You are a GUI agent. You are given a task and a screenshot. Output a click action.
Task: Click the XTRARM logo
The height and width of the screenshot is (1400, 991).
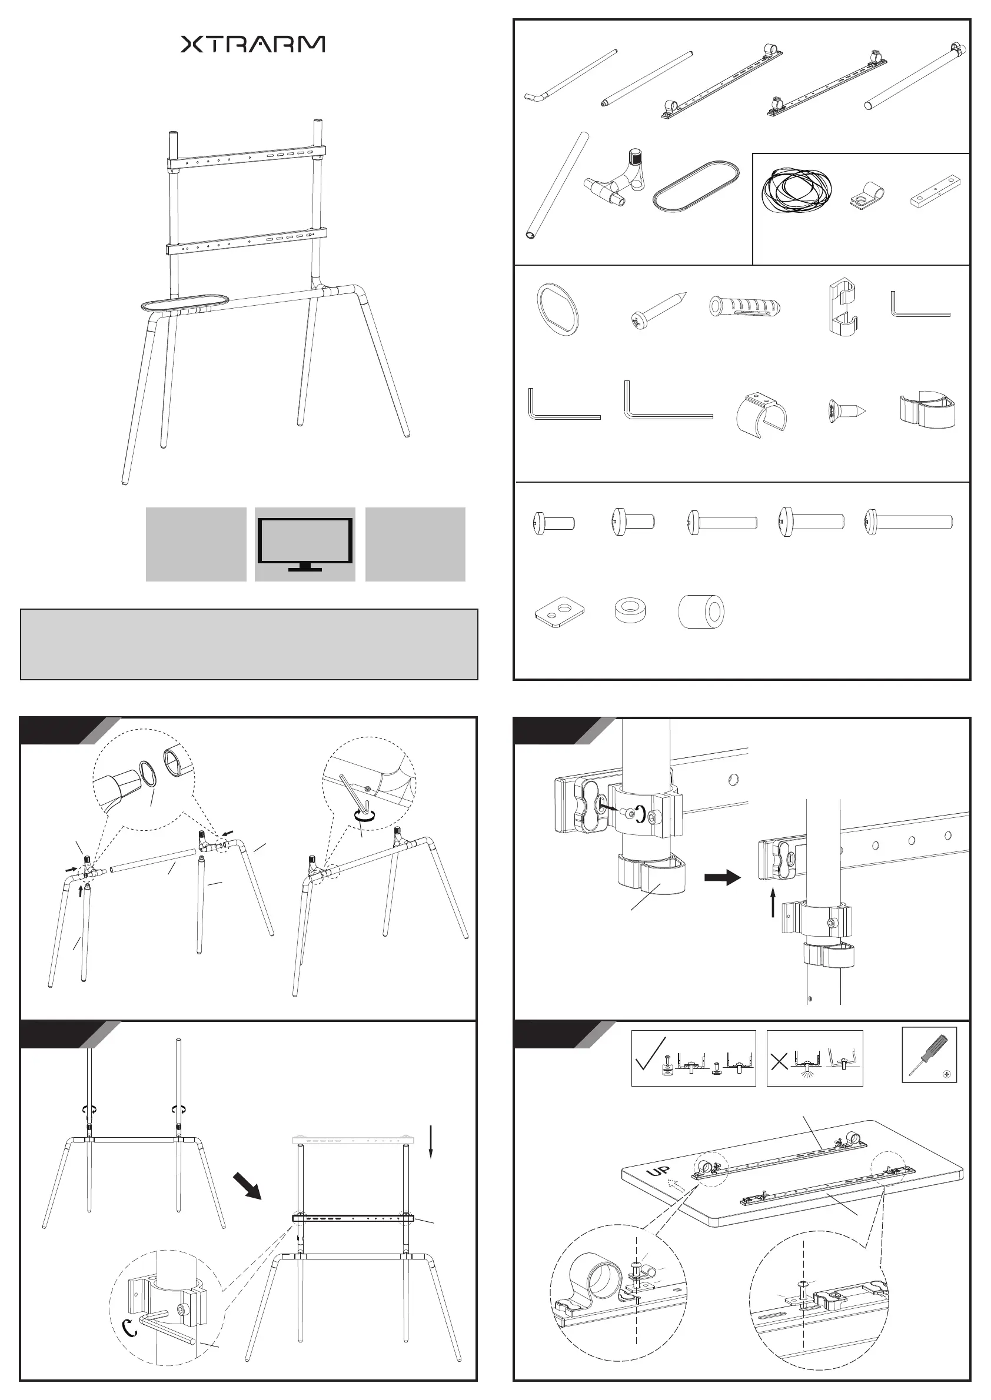[252, 44]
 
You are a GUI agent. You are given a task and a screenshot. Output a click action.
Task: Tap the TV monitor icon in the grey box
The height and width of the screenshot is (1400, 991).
[305, 544]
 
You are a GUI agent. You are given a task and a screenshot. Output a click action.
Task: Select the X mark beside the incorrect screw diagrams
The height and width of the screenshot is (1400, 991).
[779, 1062]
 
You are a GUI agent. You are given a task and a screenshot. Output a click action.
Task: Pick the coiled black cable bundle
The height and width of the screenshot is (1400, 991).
[796, 191]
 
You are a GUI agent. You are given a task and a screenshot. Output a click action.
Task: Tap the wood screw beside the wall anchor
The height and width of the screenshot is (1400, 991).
[658, 311]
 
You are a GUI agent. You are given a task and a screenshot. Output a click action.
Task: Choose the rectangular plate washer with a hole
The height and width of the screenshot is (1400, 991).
[560, 611]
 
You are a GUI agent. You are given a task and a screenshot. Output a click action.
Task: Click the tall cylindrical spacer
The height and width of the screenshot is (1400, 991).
[701, 611]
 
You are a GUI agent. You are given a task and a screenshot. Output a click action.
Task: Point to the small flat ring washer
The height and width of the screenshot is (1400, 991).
[630, 610]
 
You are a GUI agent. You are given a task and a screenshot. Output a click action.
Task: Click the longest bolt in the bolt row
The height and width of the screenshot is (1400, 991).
[908, 522]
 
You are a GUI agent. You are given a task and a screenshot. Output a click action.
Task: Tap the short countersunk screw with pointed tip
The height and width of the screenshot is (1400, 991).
[844, 410]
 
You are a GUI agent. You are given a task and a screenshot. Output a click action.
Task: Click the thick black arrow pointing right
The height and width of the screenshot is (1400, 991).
[723, 878]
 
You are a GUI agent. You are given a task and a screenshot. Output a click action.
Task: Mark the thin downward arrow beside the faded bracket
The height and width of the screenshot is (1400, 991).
[430, 1141]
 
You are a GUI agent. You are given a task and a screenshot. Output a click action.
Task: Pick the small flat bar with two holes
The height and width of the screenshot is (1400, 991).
[936, 192]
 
